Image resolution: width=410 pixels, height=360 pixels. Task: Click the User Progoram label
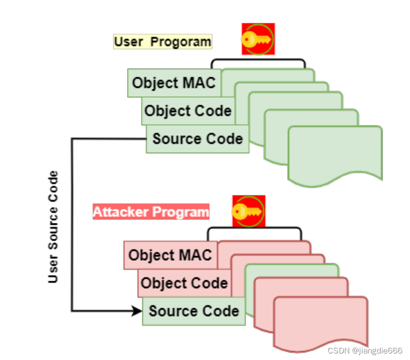(x=163, y=41)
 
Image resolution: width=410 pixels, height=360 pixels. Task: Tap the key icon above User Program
(x=258, y=38)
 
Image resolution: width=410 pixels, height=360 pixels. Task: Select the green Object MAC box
(x=174, y=83)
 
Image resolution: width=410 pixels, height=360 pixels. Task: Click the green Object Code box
(x=188, y=110)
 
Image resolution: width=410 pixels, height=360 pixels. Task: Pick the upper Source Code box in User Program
(x=198, y=139)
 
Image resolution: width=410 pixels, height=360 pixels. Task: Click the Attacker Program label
(x=151, y=212)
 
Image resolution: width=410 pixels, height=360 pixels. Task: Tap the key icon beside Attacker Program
(x=248, y=211)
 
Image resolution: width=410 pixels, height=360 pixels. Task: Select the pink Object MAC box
(x=170, y=255)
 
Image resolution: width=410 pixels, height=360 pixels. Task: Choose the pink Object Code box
(x=184, y=283)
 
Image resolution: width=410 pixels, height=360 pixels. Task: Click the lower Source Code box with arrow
(x=194, y=311)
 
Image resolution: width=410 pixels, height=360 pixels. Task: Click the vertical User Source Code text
(x=53, y=227)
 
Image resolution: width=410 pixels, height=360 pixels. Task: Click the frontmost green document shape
(x=335, y=155)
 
